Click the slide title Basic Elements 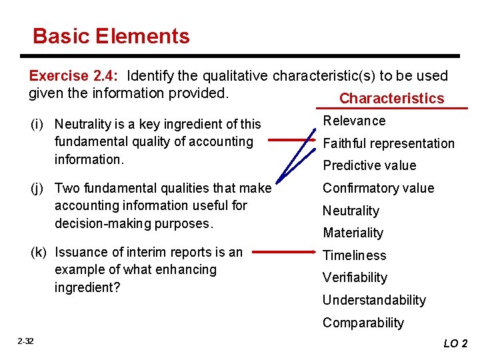(111, 36)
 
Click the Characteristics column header (391, 99)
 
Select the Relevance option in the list (354, 121)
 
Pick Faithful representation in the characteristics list (389, 143)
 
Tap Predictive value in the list (369, 165)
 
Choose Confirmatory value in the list (378, 188)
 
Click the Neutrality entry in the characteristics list (351, 211)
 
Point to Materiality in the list (353, 233)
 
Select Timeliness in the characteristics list (354, 255)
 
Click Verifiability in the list (355, 277)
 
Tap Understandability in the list (374, 300)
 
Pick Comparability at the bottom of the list (363, 323)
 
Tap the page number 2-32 (25, 341)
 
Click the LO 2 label (455, 343)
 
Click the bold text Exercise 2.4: (76, 76)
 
